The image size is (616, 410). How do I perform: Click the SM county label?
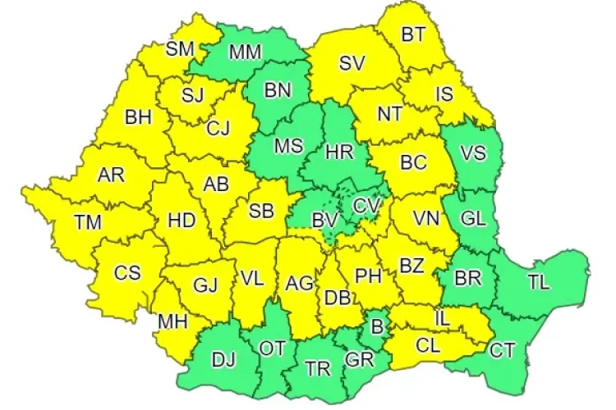(179, 49)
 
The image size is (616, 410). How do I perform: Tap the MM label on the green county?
(245, 53)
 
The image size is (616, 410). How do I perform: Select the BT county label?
(413, 34)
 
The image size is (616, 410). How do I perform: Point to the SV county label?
(352, 62)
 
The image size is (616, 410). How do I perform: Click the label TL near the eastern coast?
(539, 284)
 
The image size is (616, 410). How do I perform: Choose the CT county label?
(502, 351)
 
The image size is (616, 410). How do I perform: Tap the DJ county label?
(222, 358)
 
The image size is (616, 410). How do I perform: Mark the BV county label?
(325, 220)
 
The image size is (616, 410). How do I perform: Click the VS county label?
(471, 153)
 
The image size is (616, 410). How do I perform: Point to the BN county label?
(278, 92)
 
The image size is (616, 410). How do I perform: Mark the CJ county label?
(218, 128)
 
